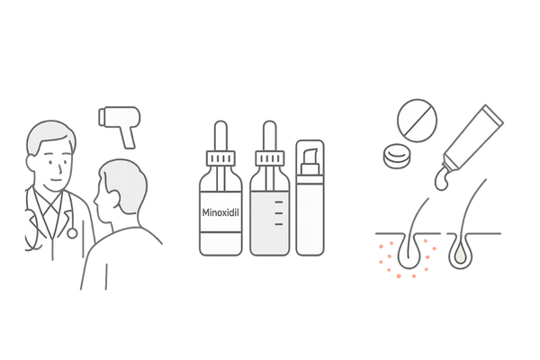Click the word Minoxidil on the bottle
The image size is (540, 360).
tap(220, 212)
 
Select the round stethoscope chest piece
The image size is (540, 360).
tap(72, 233)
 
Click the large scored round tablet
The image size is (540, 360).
tap(417, 121)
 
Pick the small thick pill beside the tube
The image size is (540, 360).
tap(397, 156)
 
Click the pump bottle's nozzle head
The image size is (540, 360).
tap(310, 157)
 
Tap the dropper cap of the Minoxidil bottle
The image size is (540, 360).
tap(220, 158)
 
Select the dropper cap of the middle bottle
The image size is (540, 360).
tap(270, 158)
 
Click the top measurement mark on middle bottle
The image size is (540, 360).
tap(279, 202)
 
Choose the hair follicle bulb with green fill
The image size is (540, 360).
tap(460, 254)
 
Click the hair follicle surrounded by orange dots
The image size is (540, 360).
tap(409, 251)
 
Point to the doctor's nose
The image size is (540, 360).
tap(60, 169)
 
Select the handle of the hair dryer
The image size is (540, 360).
tap(129, 138)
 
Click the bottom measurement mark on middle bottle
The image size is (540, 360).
tap(279, 224)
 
